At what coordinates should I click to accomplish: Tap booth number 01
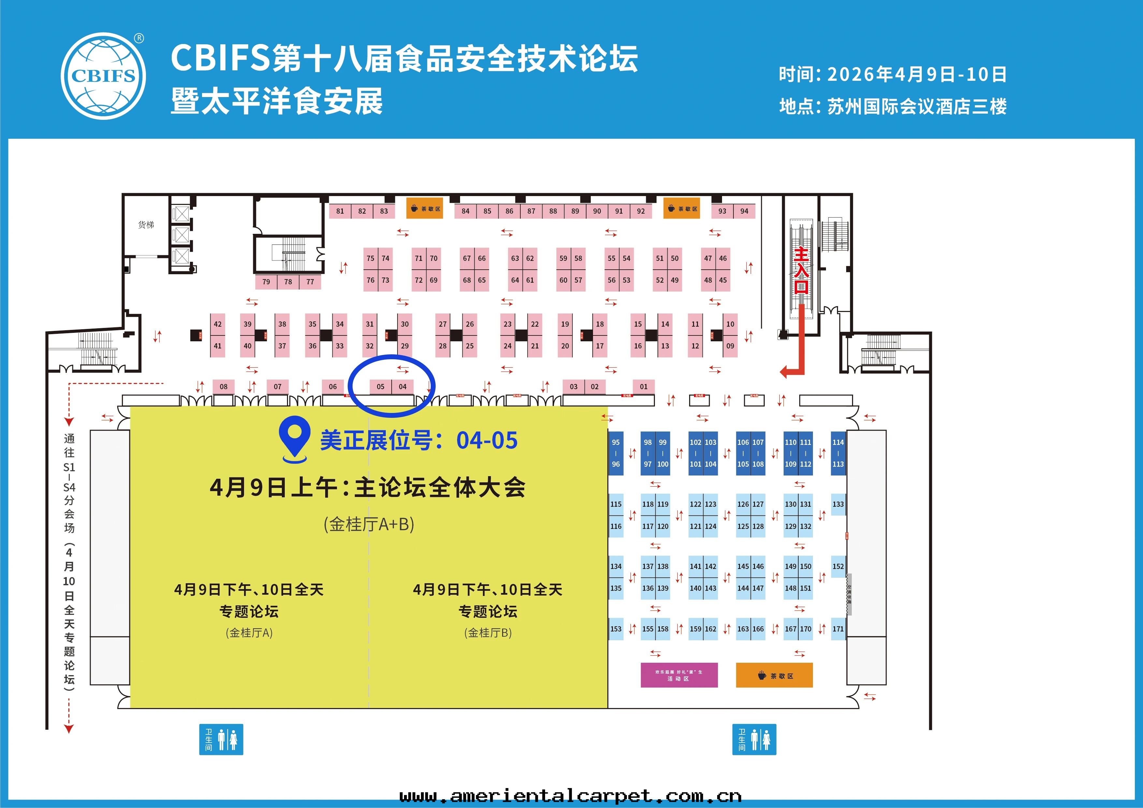click(644, 387)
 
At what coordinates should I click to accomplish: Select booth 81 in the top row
click(340, 211)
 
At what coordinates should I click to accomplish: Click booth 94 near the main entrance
click(744, 211)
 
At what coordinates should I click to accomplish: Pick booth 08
click(224, 387)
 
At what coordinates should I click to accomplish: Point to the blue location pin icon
click(295, 438)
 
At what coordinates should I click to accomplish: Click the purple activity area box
click(679, 675)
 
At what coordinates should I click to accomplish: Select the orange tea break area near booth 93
click(682, 209)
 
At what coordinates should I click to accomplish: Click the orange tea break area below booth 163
click(774, 675)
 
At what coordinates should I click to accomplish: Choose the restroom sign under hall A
click(221, 739)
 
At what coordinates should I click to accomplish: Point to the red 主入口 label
click(801, 270)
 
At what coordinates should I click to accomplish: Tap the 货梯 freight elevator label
click(146, 225)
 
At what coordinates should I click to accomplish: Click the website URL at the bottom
click(571, 796)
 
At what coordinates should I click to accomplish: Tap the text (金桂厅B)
click(488, 633)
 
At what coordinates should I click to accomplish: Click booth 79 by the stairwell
click(266, 282)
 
